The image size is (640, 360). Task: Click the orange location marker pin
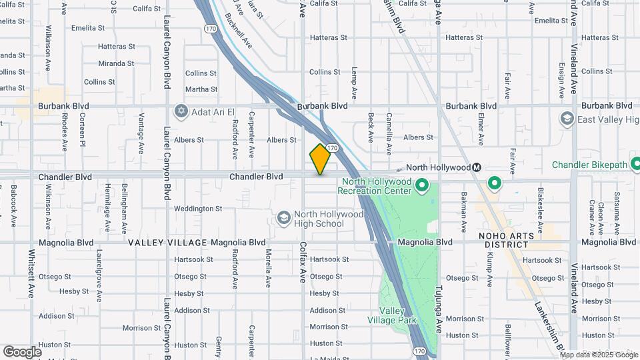321,159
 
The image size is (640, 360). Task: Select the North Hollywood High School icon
283,219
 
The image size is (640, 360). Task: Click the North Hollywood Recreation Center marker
421,184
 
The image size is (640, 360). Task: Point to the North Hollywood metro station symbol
477,167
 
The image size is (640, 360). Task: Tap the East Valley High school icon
567,119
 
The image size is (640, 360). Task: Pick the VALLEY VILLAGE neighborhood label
167,243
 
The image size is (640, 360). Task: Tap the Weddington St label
197,209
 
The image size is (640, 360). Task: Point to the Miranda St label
116,63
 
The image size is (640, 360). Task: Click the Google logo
22,352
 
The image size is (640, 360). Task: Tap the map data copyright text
599,355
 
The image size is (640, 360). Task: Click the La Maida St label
325,359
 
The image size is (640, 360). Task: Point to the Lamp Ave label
355,82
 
